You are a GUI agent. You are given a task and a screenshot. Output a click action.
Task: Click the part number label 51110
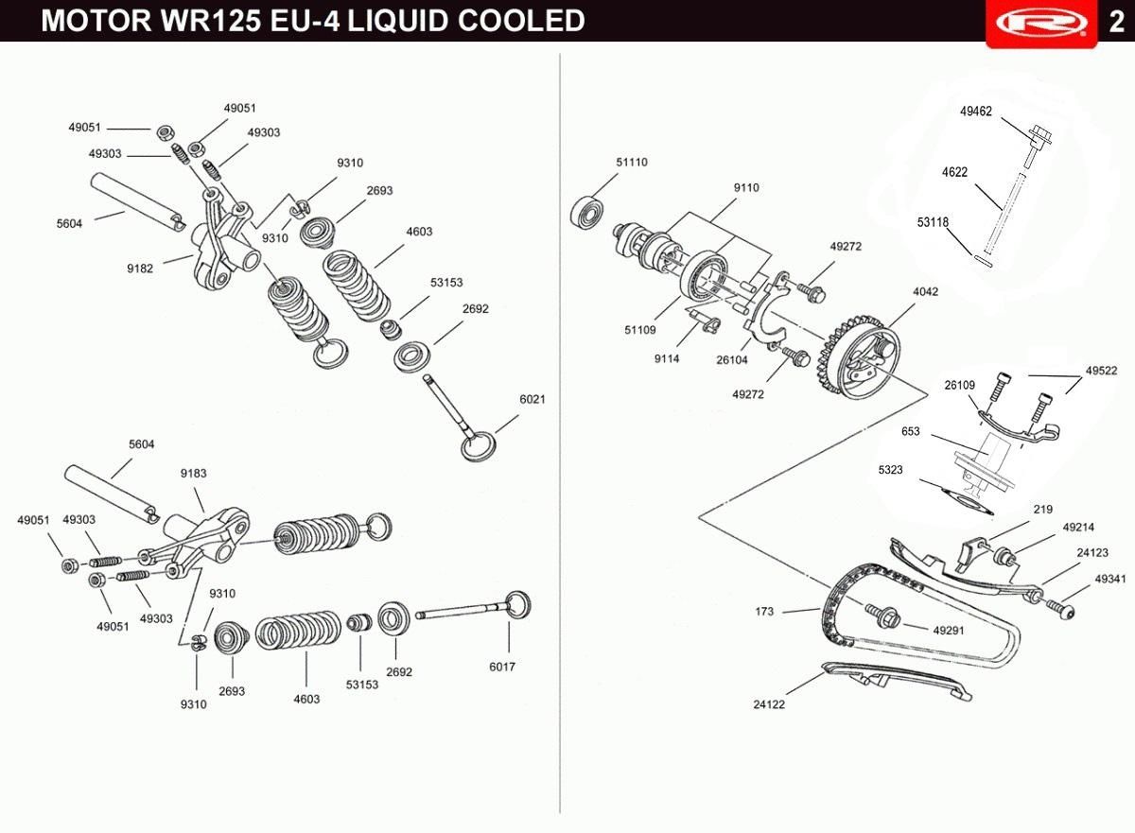click(632, 162)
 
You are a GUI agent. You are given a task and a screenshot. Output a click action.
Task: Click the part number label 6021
click(532, 399)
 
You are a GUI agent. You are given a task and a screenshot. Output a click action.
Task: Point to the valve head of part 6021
click(479, 445)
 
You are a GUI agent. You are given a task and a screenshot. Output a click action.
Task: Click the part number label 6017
click(502, 667)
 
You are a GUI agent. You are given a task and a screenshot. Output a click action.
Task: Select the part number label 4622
click(954, 172)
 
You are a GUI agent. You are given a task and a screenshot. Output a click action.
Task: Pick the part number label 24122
click(769, 704)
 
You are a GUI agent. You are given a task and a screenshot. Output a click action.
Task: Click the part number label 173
click(764, 612)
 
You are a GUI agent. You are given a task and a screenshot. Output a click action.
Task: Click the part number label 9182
click(140, 269)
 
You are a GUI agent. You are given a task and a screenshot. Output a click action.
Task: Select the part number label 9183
click(194, 473)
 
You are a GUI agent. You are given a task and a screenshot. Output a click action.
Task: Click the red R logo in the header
click(1041, 23)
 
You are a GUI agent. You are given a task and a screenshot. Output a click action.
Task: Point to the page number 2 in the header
click(1116, 23)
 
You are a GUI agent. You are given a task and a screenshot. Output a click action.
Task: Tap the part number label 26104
click(732, 359)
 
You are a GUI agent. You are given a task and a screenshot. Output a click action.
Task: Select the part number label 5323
click(890, 469)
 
